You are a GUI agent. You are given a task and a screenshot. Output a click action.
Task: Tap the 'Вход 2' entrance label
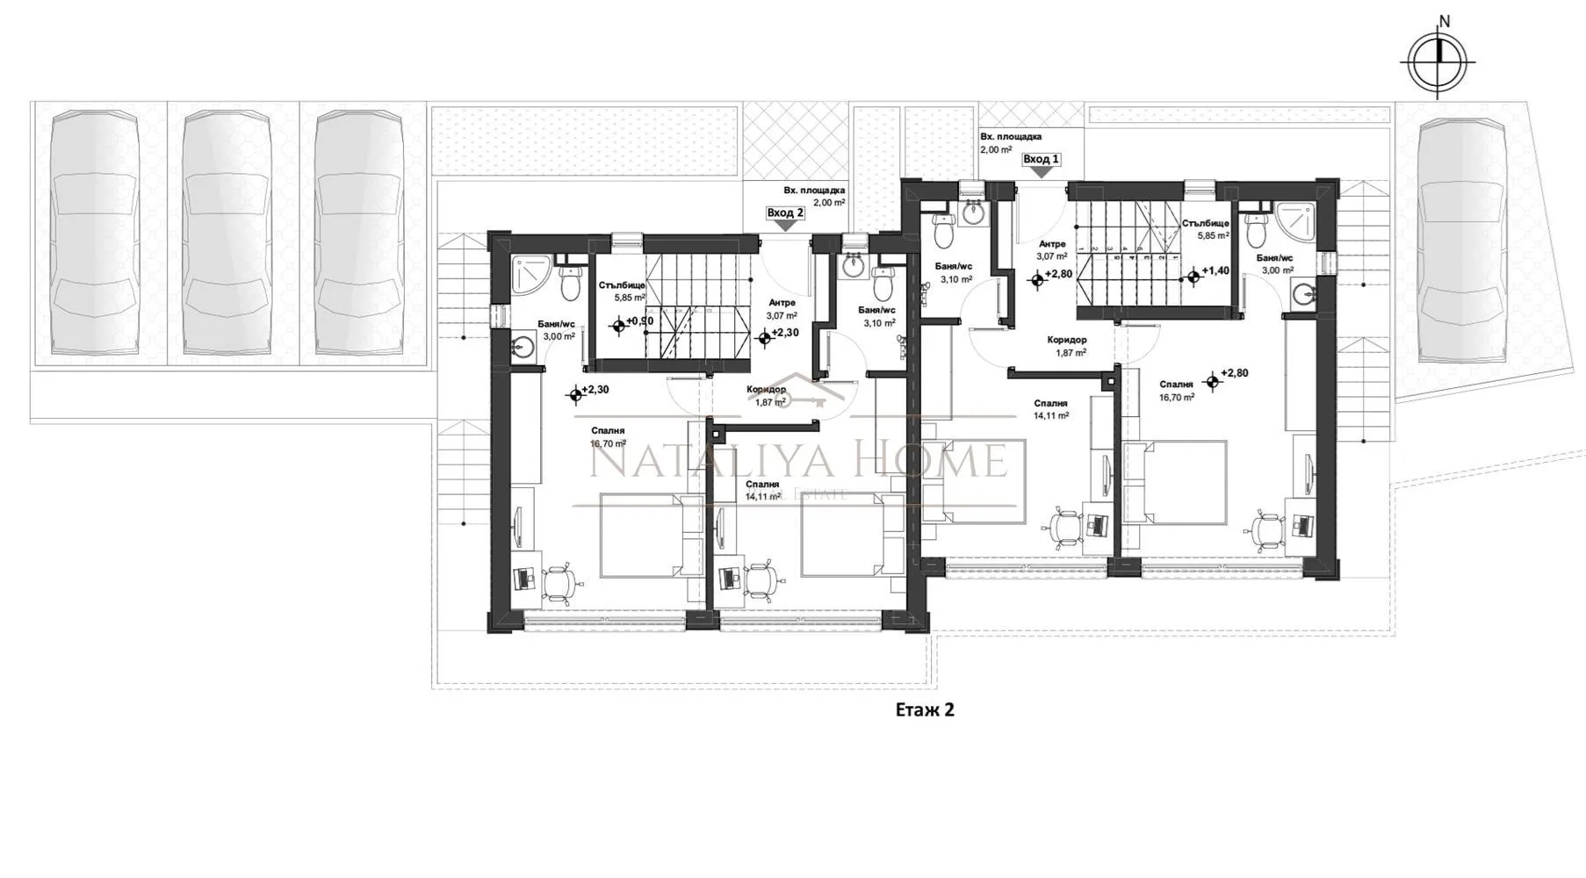point(784,213)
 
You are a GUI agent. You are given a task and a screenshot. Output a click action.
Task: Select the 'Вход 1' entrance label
point(1041,160)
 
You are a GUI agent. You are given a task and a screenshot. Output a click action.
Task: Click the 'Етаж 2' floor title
point(924,709)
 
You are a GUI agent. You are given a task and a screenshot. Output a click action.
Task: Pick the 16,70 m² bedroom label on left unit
point(608,437)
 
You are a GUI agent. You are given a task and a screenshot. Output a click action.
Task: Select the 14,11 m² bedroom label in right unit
point(1050,409)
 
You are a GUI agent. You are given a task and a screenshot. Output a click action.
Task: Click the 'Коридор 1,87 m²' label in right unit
point(1067,346)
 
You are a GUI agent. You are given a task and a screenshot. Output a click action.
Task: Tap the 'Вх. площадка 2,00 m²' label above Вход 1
point(1011,143)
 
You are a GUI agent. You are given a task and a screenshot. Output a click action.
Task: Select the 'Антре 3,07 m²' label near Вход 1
point(1051,250)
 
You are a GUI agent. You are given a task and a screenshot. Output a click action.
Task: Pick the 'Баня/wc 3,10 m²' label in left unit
point(876,316)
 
